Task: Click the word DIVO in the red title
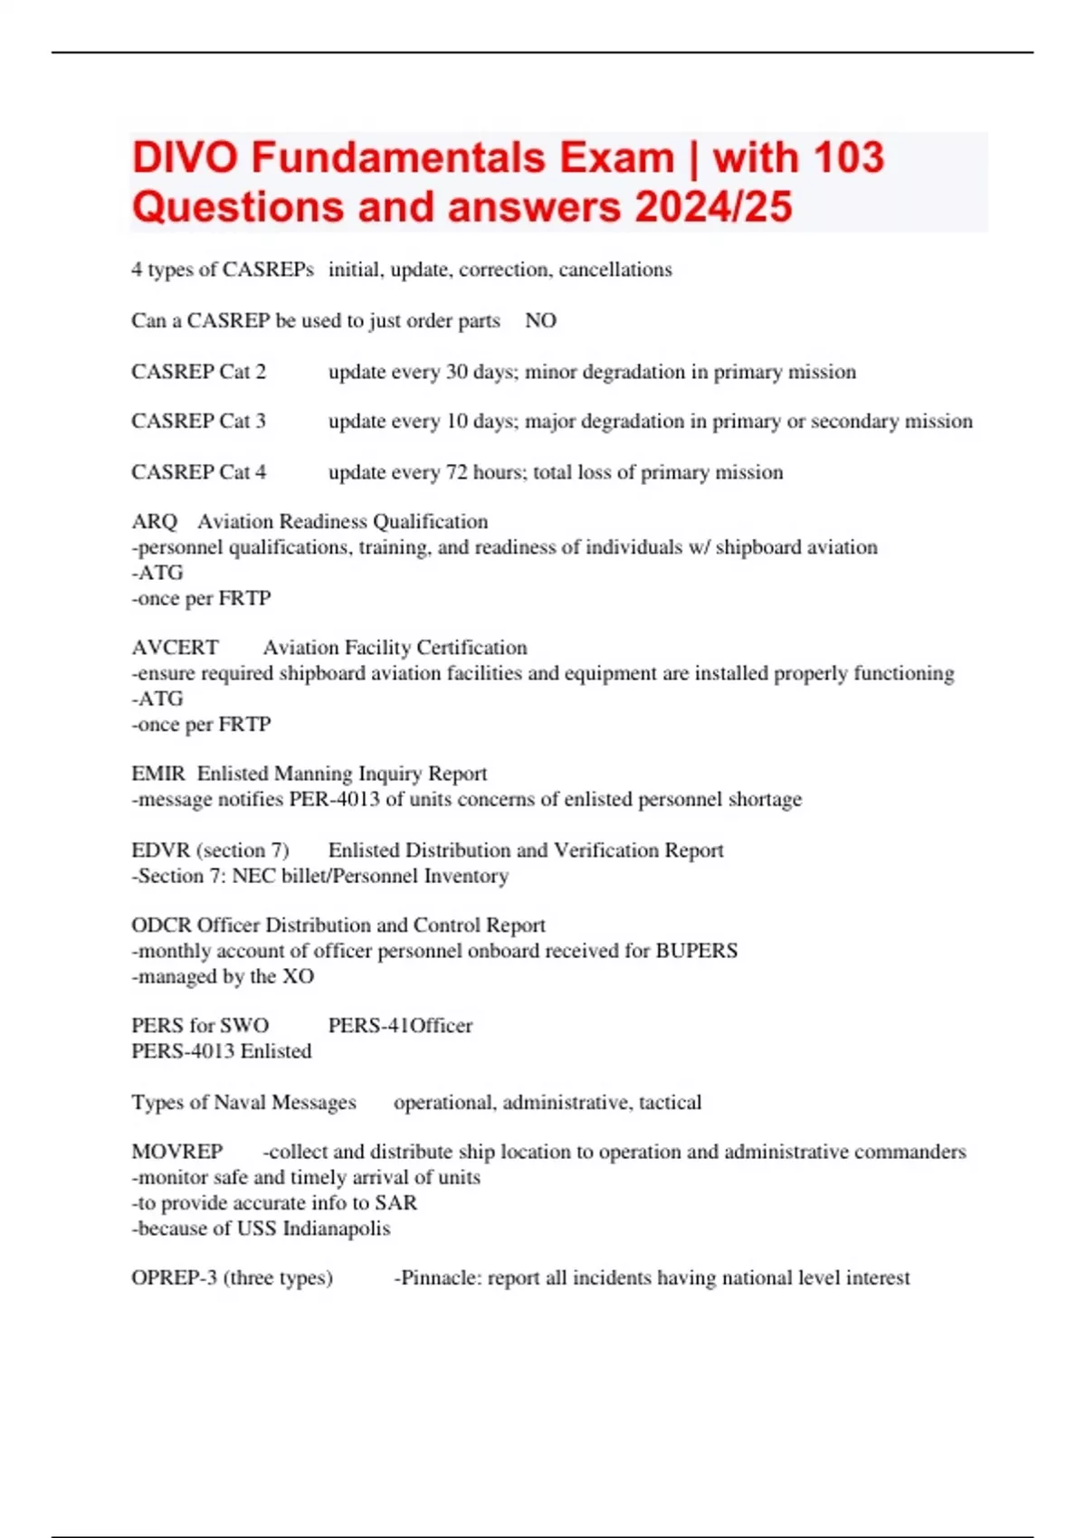pyautogui.click(x=186, y=157)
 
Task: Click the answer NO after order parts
pyautogui.click(x=540, y=320)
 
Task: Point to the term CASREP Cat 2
pyautogui.click(x=199, y=372)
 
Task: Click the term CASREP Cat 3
pyautogui.click(x=199, y=422)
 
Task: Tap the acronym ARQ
pyautogui.click(x=154, y=522)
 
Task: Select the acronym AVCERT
pyautogui.click(x=175, y=648)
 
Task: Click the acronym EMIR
pyautogui.click(x=157, y=774)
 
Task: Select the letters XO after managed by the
pyautogui.click(x=298, y=976)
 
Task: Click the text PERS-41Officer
pyautogui.click(x=400, y=1026)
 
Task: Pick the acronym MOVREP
pyautogui.click(x=177, y=1152)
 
